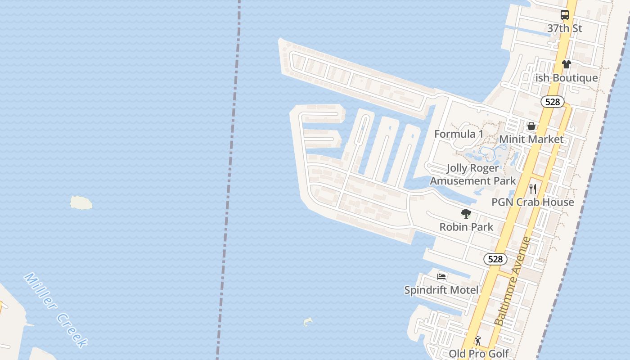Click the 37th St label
pos(564,28)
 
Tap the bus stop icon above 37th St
pos(564,15)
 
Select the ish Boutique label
pos(567,78)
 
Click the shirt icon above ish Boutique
pos(566,64)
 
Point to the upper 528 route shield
pos(552,102)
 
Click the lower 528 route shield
pos(495,259)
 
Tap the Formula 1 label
pos(459,134)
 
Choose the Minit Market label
pos(531,139)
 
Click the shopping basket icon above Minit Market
pos(531,126)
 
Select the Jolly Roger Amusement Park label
pos(472,174)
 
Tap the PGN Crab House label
pos(532,202)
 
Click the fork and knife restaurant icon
pos(533,189)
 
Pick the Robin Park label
pos(466,227)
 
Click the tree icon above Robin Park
pos(466,213)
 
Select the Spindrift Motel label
pos(441,290)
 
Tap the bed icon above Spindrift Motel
pos(441,276)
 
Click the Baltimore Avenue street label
pos(513,281)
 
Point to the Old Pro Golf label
pos(478,354)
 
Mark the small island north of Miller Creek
pos(81,202)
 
